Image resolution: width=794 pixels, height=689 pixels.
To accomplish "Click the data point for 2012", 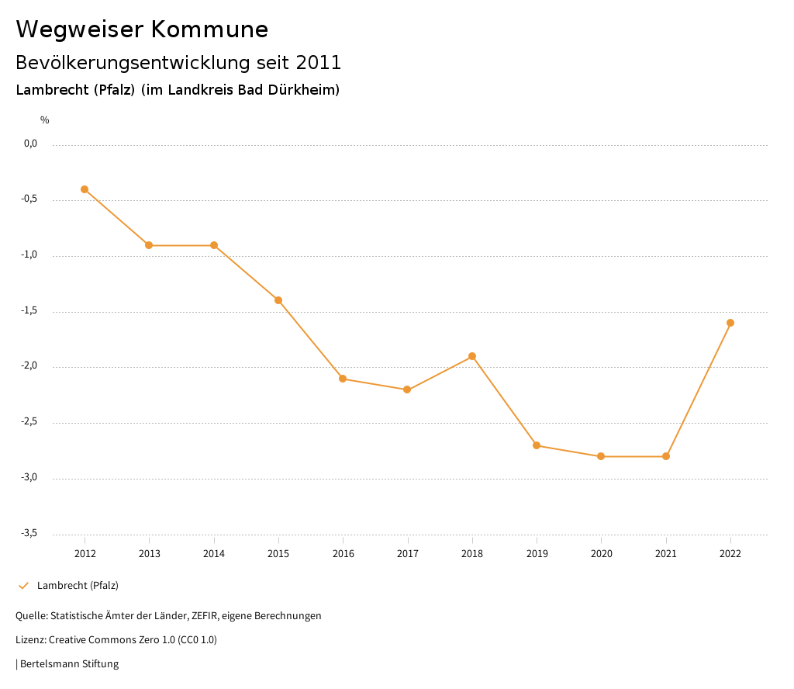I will pyautogui.click(x=85, y=189).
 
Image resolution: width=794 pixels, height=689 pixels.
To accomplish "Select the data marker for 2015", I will pyautogui.click(x=278, y=300).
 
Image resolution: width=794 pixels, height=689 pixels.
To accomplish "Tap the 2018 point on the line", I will pyautogui.click(x=472, y=356).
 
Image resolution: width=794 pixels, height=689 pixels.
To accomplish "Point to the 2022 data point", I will pyautogui.click(x=730, y=323).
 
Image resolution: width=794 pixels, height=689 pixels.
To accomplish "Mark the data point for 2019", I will pyautogui.click(x=537, y=445).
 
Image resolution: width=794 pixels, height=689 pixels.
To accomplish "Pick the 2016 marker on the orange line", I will pyautogui.click(x=343, y=379).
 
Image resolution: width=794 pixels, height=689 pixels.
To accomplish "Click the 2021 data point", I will pyautogui.click(x=666, y=456).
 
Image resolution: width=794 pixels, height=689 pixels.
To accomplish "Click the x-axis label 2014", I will pyautogui.click(x=214, y=554).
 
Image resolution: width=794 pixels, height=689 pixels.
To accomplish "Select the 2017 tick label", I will pyautogui.click(x=408, y=554).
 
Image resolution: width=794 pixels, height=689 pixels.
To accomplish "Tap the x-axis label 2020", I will pyautogui.click(x=602, y=554).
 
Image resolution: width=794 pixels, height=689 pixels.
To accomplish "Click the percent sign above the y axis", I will pyautogui.click(x=45, y=120).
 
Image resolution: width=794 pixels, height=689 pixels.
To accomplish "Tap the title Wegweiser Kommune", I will pyautogui.click(x=142, y=29).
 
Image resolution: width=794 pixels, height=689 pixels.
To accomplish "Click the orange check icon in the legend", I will pyautogui.click(x=23, y=586).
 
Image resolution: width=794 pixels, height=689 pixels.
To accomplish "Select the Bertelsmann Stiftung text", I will pyautogui.click(x=69, y=664).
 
